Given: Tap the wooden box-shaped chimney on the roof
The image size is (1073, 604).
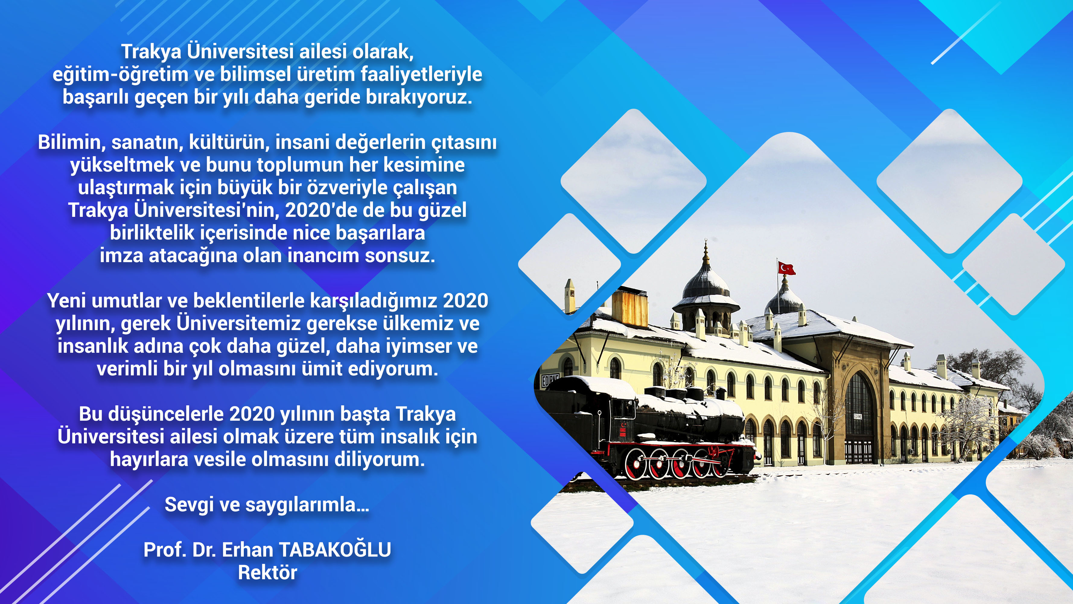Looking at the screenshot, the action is tap(629, 308).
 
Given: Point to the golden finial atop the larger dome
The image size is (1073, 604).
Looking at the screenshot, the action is tap(705, 252).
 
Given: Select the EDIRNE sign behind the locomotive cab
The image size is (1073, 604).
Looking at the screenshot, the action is tap(550, 380).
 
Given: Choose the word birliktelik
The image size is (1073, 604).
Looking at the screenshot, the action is tap(151, 233).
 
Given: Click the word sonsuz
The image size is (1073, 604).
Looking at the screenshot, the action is tap(400, 255).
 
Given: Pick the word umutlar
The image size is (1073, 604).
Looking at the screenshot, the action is tap(127, 300).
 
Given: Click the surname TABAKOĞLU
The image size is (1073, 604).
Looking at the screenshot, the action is tap(335, 550).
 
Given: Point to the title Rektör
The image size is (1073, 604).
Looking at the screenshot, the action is tap(267, 573).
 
